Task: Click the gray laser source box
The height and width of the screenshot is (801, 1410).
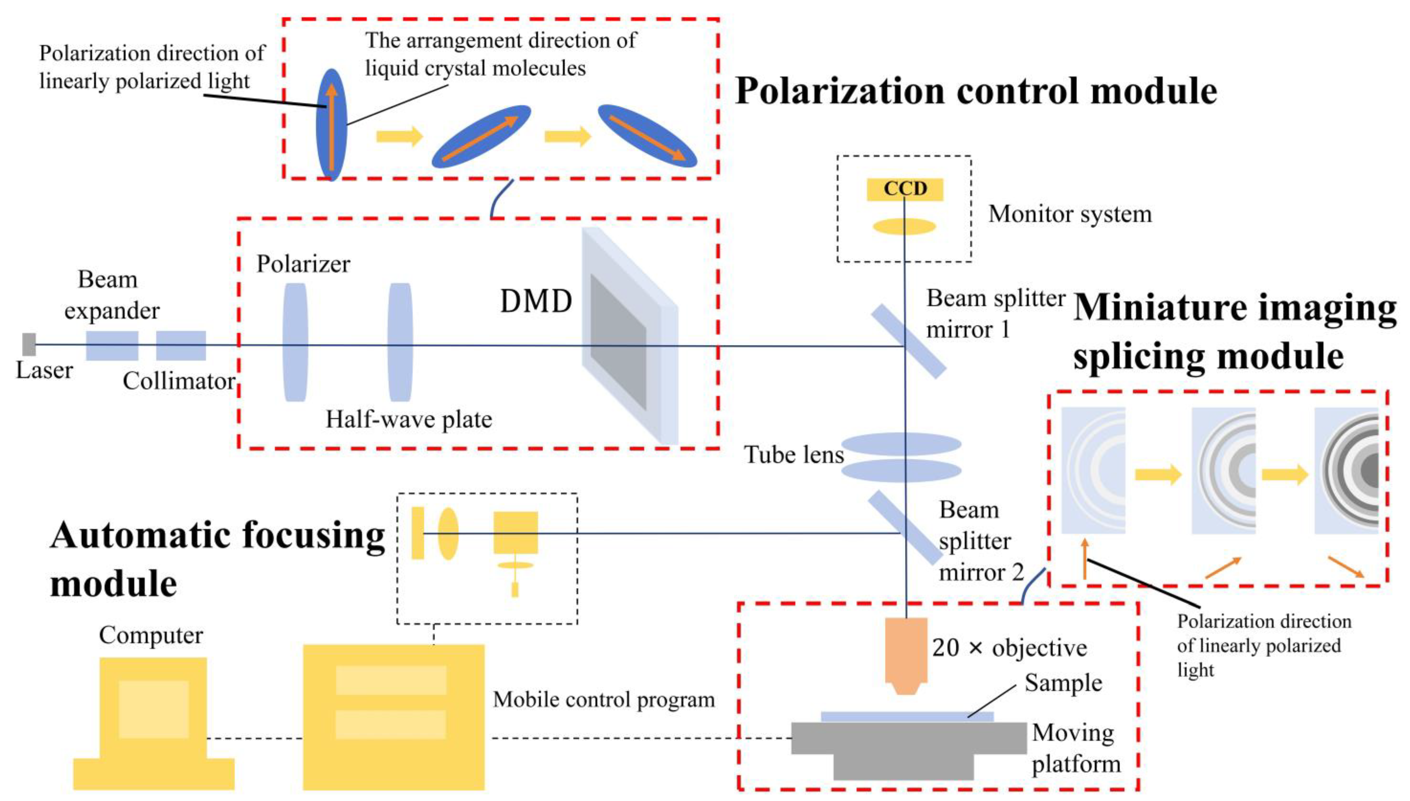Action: click(29, 344)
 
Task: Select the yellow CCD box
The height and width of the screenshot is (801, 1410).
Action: click(905, 189)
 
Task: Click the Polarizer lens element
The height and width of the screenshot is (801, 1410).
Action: click(295, 342)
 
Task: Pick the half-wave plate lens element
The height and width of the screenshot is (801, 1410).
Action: click(400, 342)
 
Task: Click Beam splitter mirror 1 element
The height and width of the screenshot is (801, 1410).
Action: click(908, 342)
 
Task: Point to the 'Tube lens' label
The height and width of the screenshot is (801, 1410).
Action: click(793, 454)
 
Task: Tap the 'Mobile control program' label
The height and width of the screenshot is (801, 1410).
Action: click(604, 700)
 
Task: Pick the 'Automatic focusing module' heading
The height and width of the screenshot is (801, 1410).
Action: click(217, 559)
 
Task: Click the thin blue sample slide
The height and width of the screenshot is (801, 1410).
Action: click(907, 716)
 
